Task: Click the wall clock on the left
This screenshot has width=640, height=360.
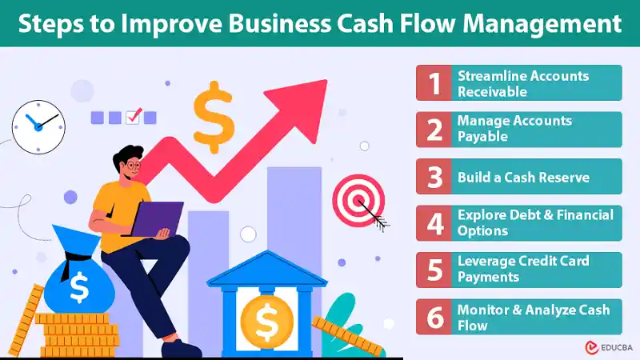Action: pos(38,124)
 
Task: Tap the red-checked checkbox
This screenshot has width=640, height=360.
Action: pos(134,117)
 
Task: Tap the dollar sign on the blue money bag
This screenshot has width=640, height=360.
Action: pos(79,286)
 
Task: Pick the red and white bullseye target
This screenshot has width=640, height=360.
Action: pos(354,198)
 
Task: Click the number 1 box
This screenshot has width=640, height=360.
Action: pos(435,83)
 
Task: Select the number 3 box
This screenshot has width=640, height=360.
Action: pos(435,176)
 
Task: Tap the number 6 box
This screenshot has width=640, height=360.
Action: pos(435,317)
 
